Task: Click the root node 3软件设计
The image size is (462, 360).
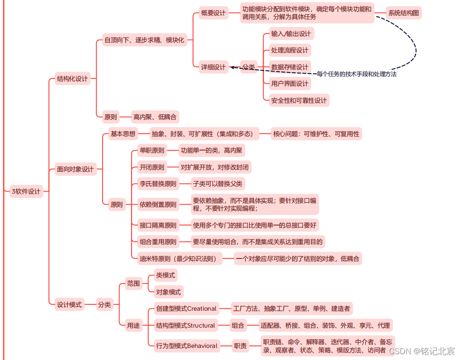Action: click(x=26, y=192)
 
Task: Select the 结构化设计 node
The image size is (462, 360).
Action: click(x=73, y=78)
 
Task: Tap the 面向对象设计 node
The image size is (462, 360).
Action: click(x=75, y=169)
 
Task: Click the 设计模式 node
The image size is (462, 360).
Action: click(x=69, y=305)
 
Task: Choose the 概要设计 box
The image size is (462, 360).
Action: click(x=213, y=13)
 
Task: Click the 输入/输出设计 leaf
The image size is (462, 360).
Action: click(x=291, y=34)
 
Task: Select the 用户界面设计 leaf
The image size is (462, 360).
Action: click(x=290, y=84)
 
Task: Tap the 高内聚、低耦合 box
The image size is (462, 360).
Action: click(x=155, y=117)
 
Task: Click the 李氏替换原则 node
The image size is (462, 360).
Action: click(x=158, y=184)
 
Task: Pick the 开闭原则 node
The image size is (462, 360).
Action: click(x=152, y=167)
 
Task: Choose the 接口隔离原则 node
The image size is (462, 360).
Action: click(x=158, y=225)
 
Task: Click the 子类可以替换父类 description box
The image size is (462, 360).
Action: click(x=218, y=184)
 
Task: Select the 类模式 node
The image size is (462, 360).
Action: click(x=165, y=275)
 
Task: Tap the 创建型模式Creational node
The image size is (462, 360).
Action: click(x=186, y=309)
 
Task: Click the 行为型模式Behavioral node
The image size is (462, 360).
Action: click(x=186, y=346)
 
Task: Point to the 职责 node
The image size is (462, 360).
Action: click(x=240, y=346)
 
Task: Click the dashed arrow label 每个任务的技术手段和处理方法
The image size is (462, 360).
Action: click(x=357, y=74)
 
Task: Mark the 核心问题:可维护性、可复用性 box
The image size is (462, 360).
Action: click(x=316, y=134)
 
